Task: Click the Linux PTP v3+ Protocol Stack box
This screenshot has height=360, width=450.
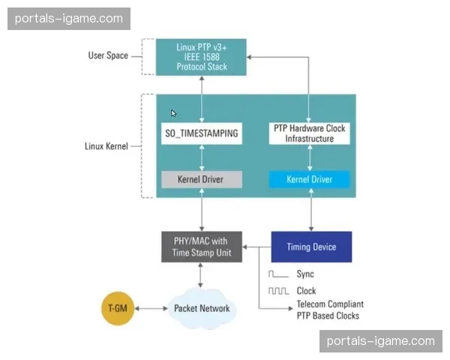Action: click(x=201, y=56)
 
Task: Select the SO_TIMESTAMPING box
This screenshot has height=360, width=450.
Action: click(x=201, y=134)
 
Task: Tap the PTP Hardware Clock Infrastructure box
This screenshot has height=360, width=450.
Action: click(x=309, y=133)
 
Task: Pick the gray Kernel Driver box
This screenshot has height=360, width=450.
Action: click(x=201, y=180)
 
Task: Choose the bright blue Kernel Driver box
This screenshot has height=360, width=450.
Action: click(x=309, y=180)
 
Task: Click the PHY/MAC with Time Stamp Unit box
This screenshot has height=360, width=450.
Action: click(x=201, y=247)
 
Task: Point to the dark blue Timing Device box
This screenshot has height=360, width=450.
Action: click(x=311, y=247)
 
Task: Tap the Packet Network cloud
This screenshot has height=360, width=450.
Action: click(x=201, y=308)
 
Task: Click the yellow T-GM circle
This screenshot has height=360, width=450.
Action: click(x=121, y=308)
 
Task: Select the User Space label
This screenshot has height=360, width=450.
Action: click(x=108, y=55)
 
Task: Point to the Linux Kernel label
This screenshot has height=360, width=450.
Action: click(x=106, y=145)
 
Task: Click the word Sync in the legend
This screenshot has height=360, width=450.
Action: click(x=305, y=274)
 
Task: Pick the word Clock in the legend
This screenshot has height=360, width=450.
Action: click(x=306, y=291)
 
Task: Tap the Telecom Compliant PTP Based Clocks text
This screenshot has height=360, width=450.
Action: click(x=330, y=310)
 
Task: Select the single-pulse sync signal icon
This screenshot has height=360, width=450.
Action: click(x=277, y=274)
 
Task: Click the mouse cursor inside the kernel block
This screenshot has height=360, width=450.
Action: click(x=173, y=113)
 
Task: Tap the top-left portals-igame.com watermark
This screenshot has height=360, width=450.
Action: click(x=69, y=18)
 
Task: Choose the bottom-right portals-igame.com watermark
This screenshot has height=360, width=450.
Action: click(x=381, y=341)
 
